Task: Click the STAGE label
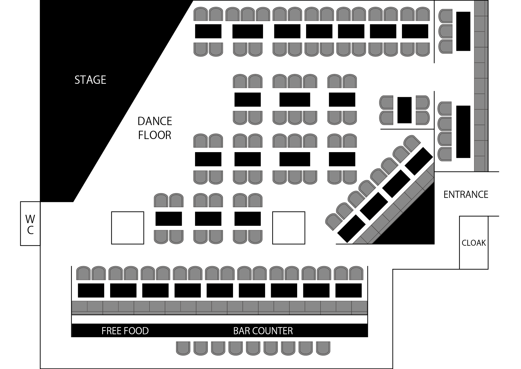tap(90, 80)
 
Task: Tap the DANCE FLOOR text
tap(155, 128)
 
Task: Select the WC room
tap(30, 223)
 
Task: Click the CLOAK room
tap(474, 243)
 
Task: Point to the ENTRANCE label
tap(466, 195)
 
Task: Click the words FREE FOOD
tap(125, 331)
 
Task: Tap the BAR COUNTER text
tap(263, 331)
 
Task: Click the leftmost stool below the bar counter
tap(183, 348)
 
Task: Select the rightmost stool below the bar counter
tap(323, 348)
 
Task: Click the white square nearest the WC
tap(128, 228)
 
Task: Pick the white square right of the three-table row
tap(289, 228)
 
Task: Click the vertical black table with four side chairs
tap(404, 110)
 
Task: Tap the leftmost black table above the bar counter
tap(91, 290)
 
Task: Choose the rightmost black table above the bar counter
tap(349, 290)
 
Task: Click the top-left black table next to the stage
tap(208, 31)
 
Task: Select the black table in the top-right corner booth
tap(463, 31)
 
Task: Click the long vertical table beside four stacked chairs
tap(463, 132)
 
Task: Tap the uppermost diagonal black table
tap(419, 161)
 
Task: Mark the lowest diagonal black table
tap(351, 228)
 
